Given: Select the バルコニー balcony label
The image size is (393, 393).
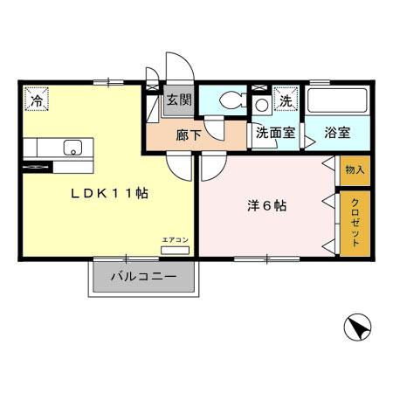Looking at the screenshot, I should pyautogui.click(x=143, y=278).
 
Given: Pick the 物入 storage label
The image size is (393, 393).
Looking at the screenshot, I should pyautogui.click(x=354, y=169).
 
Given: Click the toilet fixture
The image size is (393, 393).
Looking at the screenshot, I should pyautogui.click(x=230, y=100).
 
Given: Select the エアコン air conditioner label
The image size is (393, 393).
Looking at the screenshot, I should pyautogui.click(x=175, y=238).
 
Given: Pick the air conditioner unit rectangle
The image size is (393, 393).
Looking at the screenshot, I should pyautogui.click(x=175, y=250).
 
